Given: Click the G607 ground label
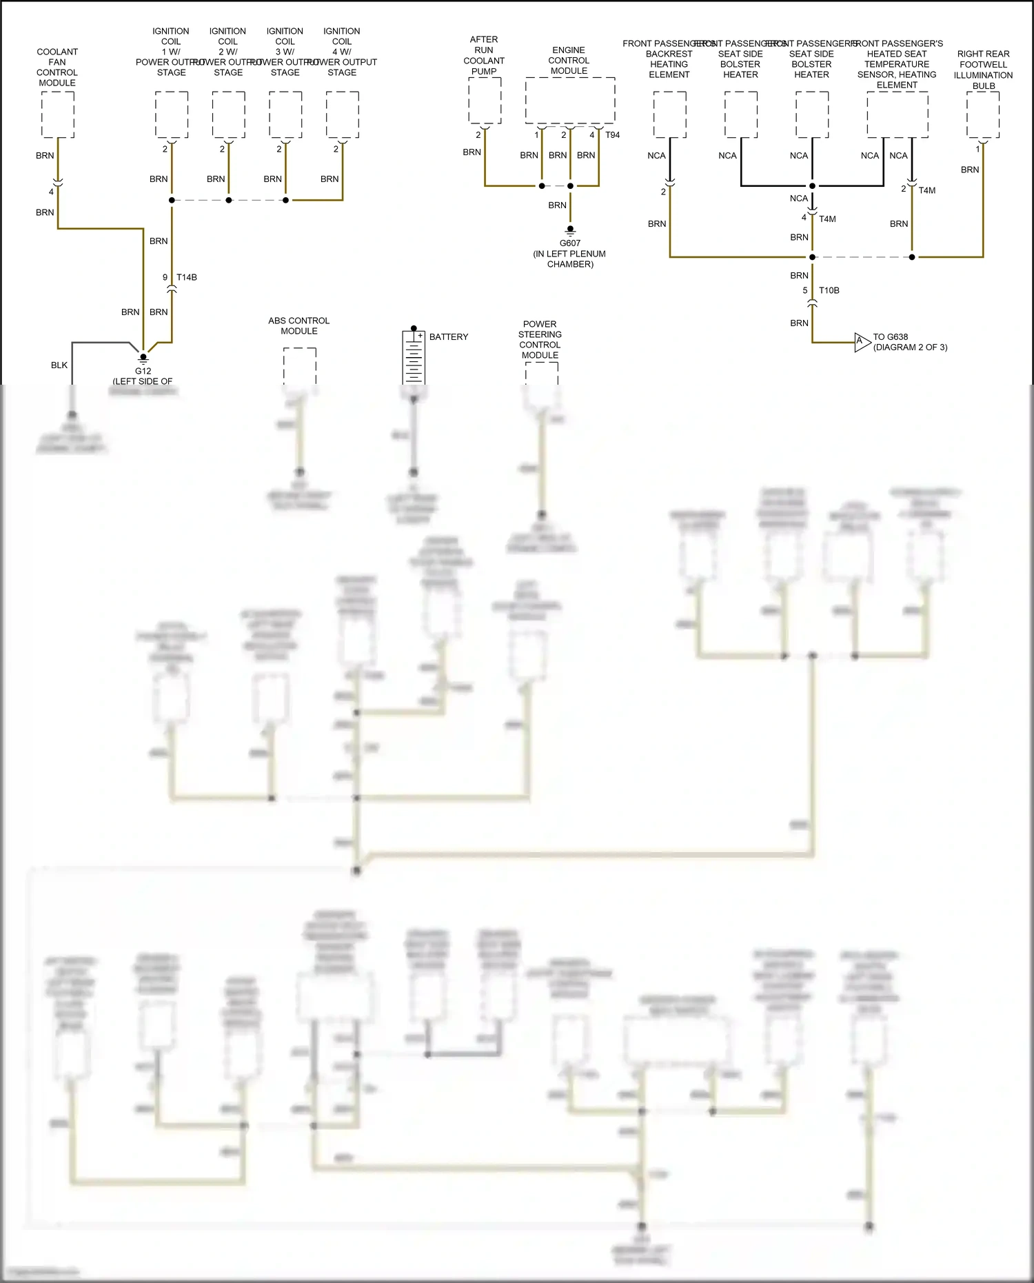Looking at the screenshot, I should (569, 243).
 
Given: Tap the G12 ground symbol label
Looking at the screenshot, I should (143, 371).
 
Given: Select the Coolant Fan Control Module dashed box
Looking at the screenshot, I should (58, 115).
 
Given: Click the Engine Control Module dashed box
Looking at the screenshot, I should (569, 100).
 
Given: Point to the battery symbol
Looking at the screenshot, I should (414, 357).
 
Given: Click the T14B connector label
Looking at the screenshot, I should (187, 277).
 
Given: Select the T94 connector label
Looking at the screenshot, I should (612, 135).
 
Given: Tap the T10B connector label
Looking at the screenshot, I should (829, 290).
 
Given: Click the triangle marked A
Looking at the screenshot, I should (862, 342).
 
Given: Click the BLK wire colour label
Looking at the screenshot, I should (59, 365).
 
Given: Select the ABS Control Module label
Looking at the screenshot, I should (298, 325).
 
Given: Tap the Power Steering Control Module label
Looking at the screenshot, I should (540, 339).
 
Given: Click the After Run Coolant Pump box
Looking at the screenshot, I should (485, 101).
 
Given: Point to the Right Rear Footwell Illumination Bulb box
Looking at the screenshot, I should (983, 115).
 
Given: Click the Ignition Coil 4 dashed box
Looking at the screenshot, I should (342, 115).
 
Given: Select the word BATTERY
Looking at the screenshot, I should (448, 336).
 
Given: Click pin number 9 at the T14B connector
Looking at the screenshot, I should (165, 277).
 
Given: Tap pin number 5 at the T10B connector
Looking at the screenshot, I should (804, 290).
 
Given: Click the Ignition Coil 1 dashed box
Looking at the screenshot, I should (172, 115).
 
